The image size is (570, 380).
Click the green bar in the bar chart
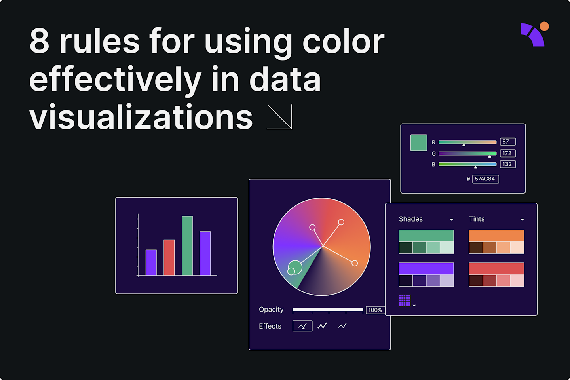(x=187, y=245)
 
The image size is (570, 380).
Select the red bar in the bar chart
(x=169, y=257)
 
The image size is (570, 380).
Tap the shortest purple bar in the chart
(x=151, y=262)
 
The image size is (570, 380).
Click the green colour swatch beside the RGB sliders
(x=418, y=142)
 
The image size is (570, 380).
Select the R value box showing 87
(x=507, y=142)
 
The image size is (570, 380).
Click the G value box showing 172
(x=507, y=153)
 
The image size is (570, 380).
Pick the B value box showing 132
(x=507, y=164)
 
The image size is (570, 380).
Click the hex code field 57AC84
(x=485, y=179)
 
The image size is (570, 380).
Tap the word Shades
(x=411, y=219)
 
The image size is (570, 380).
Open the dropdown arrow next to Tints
(x=522, y=220)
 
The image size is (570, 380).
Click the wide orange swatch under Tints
(x=496, y=236)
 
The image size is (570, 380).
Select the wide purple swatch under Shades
(x=426, y=268)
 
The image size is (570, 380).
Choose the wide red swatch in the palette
(x=496, y=268)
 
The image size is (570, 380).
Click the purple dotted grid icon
(x=405, y=300)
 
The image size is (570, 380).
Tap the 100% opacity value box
(x=375, y=310)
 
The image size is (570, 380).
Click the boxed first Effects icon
(x=302, y=326)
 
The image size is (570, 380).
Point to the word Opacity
(x=271, y=310)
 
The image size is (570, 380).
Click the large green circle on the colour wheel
(x=295, y=267)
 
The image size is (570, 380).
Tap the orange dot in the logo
(x=544, y=27)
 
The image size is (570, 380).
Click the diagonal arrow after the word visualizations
(x=280, y=117)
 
